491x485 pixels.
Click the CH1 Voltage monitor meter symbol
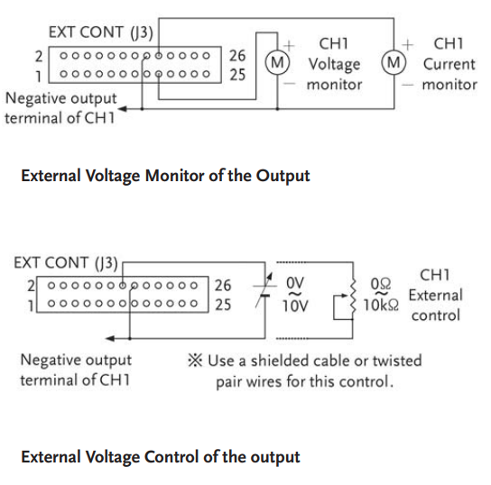pyautogui.click(x=277, y=62)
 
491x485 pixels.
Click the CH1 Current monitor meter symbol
pyautogui.click(x=394, y=62)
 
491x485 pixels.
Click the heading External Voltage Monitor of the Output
pyautogui.click(x=165, y=176)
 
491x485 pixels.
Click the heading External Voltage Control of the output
pyautogui.click(x=161, y=457)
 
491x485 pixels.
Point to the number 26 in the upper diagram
pyautogui.click(x=237, y=56)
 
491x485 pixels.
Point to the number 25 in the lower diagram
pyautogui.click(x=223, y=305)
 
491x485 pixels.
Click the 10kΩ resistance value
pyautogui.click(x=381, y=305)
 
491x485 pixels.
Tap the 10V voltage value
pyautogui.click(x=295, y=306)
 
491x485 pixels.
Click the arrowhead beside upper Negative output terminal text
pyautogui.click(x=122, y=109)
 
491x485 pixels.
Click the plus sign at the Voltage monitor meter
pyautogui.click(x=289, y=46)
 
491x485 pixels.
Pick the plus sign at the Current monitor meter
pyautogui.click(x=407, y=45)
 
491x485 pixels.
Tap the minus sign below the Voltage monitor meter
pyautogui.click(x=290, y=84)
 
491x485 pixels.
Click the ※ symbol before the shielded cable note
pyautogui.click(x=195, y=360)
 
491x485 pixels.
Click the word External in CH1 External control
pyautogui.click(x=436, y=296)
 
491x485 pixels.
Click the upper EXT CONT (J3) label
pyautogui.click(x=101, y=32)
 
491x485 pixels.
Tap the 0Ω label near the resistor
pyautogui.click(x=381, y=284)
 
